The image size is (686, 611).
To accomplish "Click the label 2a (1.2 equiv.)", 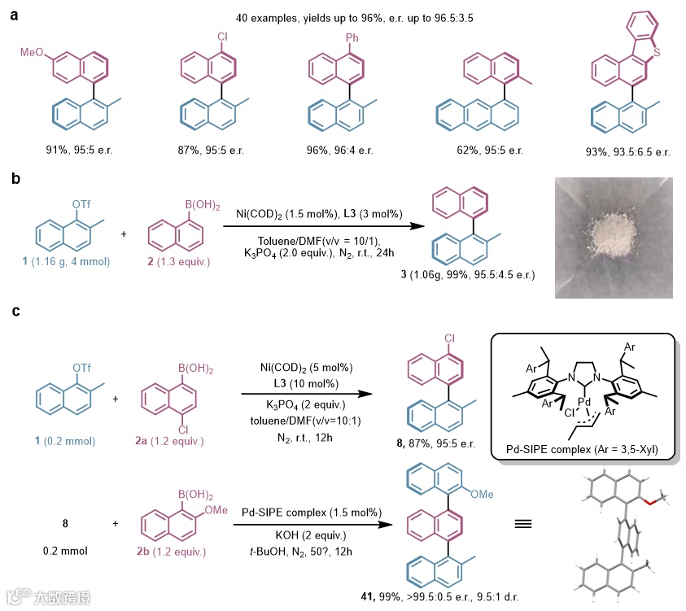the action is tap(170, 442).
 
